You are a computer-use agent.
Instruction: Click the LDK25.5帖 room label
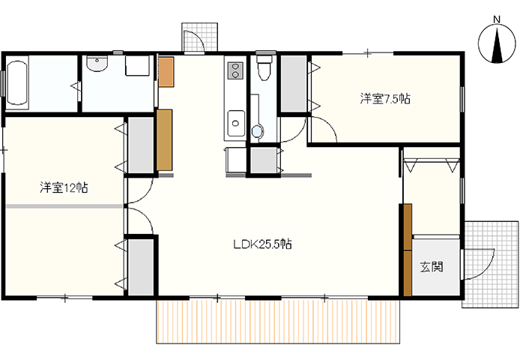[262, 244]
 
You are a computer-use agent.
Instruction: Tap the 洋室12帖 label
[64, 187]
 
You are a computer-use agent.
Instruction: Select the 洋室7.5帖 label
[385, 99]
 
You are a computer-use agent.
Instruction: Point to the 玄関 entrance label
[432, 266]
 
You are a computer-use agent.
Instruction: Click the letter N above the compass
[497, 19]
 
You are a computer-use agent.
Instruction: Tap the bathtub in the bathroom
[17, 82]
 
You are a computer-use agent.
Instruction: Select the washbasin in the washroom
[97, 64]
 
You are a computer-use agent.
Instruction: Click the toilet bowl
[264, 67]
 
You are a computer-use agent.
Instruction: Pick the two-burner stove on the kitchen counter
[235, 70]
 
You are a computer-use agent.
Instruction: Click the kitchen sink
[236, 123]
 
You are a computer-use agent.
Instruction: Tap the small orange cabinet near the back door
[166, 72]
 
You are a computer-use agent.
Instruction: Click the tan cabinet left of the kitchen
[165, 139]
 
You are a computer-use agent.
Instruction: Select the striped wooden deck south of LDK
[279, 322]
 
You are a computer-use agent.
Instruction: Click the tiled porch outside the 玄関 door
[490, 264]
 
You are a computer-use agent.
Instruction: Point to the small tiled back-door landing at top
[199, 37]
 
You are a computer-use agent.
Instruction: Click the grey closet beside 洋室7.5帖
[294, 84]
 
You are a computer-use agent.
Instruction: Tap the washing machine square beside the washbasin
[137, 65]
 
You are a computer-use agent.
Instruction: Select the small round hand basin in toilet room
[257, 131]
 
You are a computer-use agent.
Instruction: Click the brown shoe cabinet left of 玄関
[408, 250]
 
